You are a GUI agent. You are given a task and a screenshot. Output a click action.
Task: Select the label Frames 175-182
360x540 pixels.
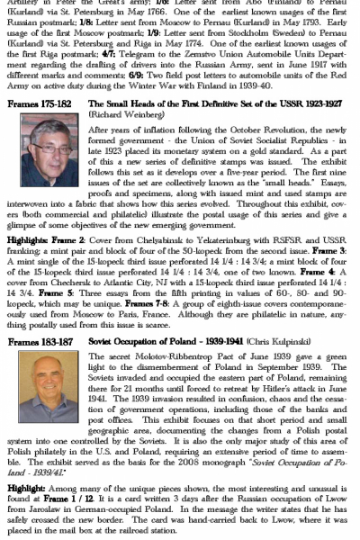point(38,104)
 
